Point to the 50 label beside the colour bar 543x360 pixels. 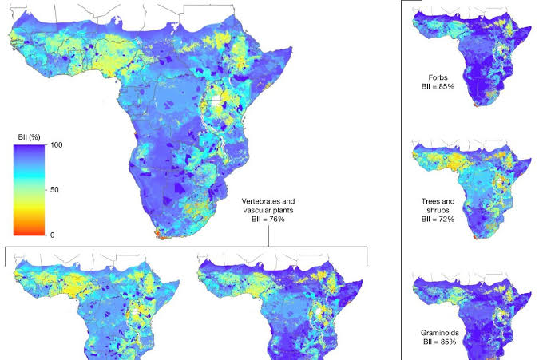coord(55,190)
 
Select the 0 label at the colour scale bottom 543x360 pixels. coord(53,235)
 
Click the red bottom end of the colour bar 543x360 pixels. coord(27,233)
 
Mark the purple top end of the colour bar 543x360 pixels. coord(27,148)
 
